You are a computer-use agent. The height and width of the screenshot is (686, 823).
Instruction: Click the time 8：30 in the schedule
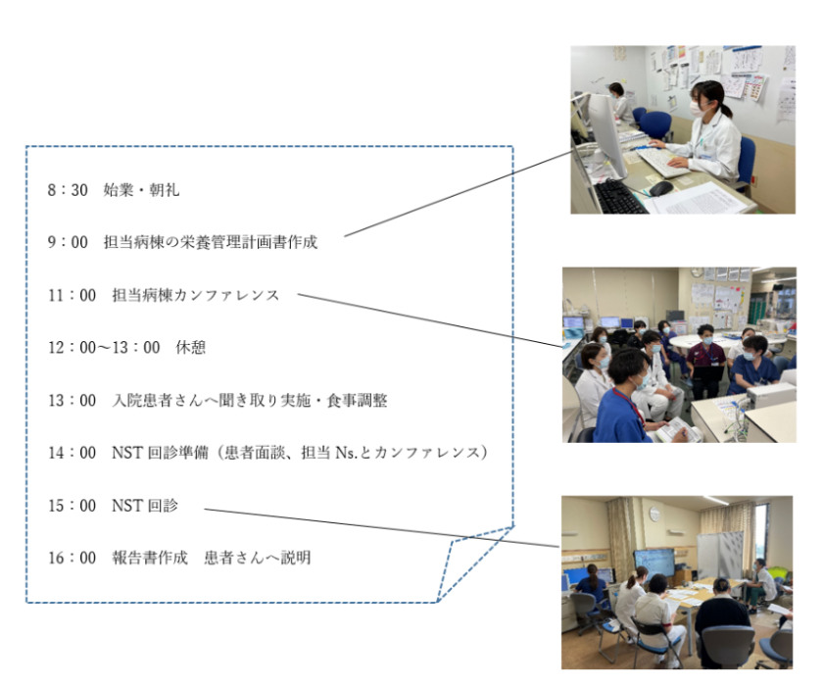click(x=68, y=189)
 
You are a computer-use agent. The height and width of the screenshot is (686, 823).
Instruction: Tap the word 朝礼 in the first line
click(x=165, y=189)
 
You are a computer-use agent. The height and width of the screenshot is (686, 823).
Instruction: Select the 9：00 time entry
click(x=68, y=242)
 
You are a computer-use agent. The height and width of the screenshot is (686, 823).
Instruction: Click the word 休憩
click(x=190, y=348)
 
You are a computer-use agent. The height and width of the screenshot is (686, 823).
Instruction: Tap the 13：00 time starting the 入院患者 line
click(x=72, y=401)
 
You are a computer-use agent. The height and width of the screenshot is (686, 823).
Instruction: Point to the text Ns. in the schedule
click(x=347, y=453)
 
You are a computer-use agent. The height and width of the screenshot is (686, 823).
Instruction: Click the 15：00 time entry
click(x=72, y=506)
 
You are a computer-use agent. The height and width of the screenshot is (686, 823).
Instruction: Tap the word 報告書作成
click(x=150, y=558)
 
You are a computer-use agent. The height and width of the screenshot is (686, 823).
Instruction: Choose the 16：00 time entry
click(x=72, y=558)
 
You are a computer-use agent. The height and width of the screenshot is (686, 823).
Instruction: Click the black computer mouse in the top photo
click(x=660, y=188)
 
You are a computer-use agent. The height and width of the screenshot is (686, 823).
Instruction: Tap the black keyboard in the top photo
click(x=619, y=197)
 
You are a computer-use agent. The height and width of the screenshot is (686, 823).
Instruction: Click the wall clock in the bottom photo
click(x=654, y=514)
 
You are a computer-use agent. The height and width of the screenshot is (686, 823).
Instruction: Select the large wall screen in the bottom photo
click(x=654, y=564)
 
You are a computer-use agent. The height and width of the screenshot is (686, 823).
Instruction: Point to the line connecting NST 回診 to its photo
click(x=381, y=528)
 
